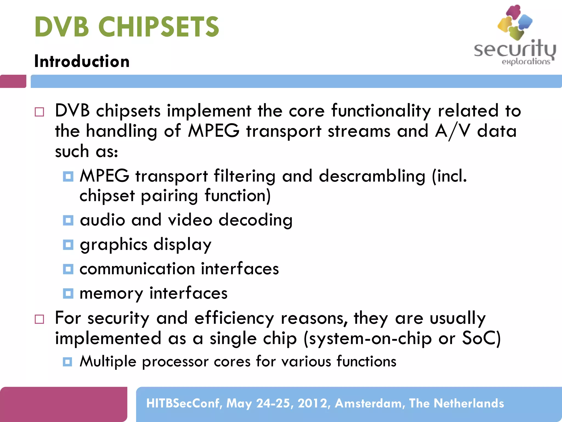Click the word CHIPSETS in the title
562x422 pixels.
[158, 27]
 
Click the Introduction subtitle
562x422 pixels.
[82, 61]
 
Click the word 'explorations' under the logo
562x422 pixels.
[526, 62]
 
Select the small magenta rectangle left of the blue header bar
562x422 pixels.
[13, 81]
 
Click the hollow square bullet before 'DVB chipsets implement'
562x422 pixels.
[39, 112]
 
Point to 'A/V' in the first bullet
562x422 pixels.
[453, 131]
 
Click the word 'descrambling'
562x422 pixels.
[372, 176]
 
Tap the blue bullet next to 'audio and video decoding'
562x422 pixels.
[68, 220]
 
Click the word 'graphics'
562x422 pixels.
[114, 245]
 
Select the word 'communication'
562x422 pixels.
[137, 269]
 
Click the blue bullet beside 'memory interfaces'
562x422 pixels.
[68, 293]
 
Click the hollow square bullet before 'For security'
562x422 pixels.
[39, 319]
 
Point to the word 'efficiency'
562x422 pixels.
[234, 318]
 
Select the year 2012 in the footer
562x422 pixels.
[312, 403]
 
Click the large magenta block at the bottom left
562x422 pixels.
[63, 404]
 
